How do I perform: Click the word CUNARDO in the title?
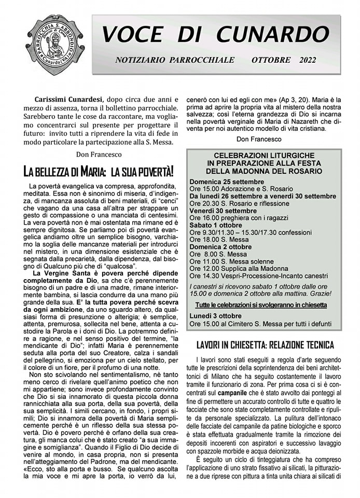pyautogui.click(x=273, y=34)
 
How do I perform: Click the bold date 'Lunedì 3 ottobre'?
pyautogui.click(x=215, y=316)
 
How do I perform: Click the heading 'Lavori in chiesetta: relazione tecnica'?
pyautogui.click(x=265, y=345)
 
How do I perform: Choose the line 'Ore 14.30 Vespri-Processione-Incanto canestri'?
pyautogui.click(x=259, y=276)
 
